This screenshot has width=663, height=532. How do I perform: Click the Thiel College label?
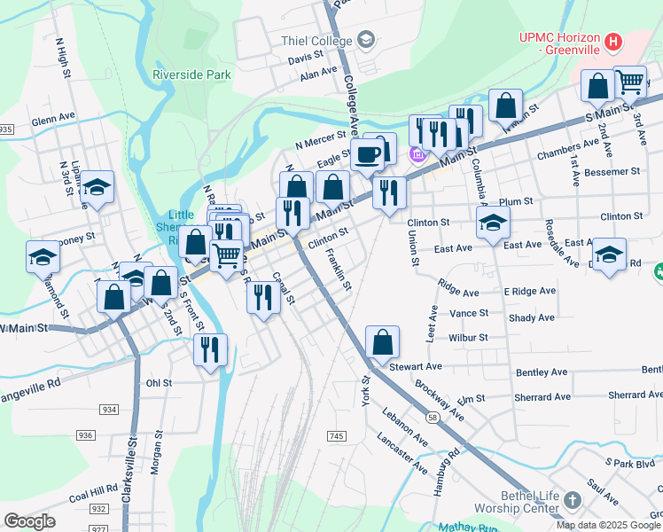316,40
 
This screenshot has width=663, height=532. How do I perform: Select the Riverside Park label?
191,75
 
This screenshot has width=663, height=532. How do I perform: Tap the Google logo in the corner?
29,521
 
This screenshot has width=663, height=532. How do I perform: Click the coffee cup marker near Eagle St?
368,156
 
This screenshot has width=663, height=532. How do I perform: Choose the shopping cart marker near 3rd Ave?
629,83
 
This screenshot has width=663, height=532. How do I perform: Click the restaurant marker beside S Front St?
211,350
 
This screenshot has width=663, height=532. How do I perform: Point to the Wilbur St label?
468,337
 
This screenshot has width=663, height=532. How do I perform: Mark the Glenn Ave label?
53,117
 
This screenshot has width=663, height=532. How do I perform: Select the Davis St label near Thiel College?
305,56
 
